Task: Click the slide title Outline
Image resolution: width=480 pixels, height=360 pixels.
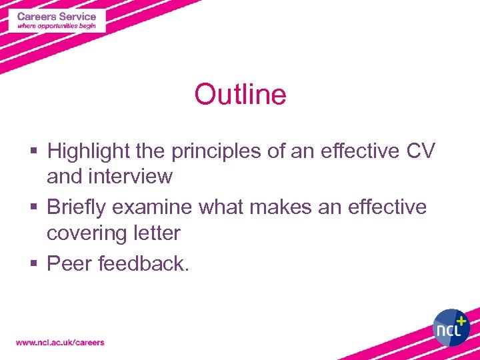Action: tap(240, 95)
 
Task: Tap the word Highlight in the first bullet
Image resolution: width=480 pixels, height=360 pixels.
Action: tap(87, 151)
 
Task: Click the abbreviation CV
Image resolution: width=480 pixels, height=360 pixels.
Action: tap(421, 151)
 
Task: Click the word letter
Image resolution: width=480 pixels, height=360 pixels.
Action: tap(157, 233)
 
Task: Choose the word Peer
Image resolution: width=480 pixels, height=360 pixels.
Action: tap(69, 264)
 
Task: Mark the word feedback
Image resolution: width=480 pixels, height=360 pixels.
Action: tap(143, 264)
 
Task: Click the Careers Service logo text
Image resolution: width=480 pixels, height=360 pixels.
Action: tap(57, 16)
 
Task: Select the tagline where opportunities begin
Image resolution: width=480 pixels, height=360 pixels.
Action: tap(57, 26)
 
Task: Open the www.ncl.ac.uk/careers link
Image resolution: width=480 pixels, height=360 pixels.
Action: tap(60, 343)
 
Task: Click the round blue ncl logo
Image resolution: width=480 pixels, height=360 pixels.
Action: tap(451, 327)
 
